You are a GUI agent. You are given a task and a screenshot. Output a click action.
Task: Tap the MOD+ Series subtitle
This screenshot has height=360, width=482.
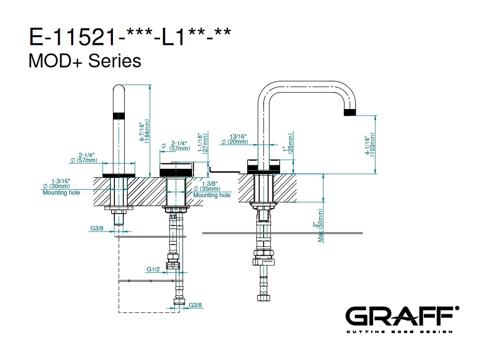click(85, 61)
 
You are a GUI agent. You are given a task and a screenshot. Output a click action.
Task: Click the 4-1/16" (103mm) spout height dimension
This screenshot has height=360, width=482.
click(369, 144)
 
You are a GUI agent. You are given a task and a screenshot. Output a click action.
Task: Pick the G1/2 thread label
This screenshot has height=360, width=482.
click(153, 269)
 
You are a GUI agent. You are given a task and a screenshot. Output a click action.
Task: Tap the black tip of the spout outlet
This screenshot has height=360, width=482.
click(351, 112)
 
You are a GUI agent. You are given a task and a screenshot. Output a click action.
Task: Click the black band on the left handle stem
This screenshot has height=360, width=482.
click(119, 116)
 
